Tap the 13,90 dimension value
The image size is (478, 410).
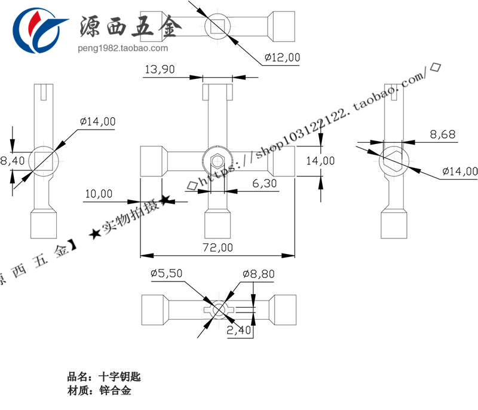(159, 69)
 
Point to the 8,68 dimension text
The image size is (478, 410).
(443, 134)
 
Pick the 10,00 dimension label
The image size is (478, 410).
(99, 194)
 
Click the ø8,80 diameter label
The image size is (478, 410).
(259, 273)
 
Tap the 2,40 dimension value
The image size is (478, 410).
(240, 329)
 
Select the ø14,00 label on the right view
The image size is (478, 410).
(459, 172)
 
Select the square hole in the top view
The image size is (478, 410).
(218, 26)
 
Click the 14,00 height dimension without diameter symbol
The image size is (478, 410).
(321, 160)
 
